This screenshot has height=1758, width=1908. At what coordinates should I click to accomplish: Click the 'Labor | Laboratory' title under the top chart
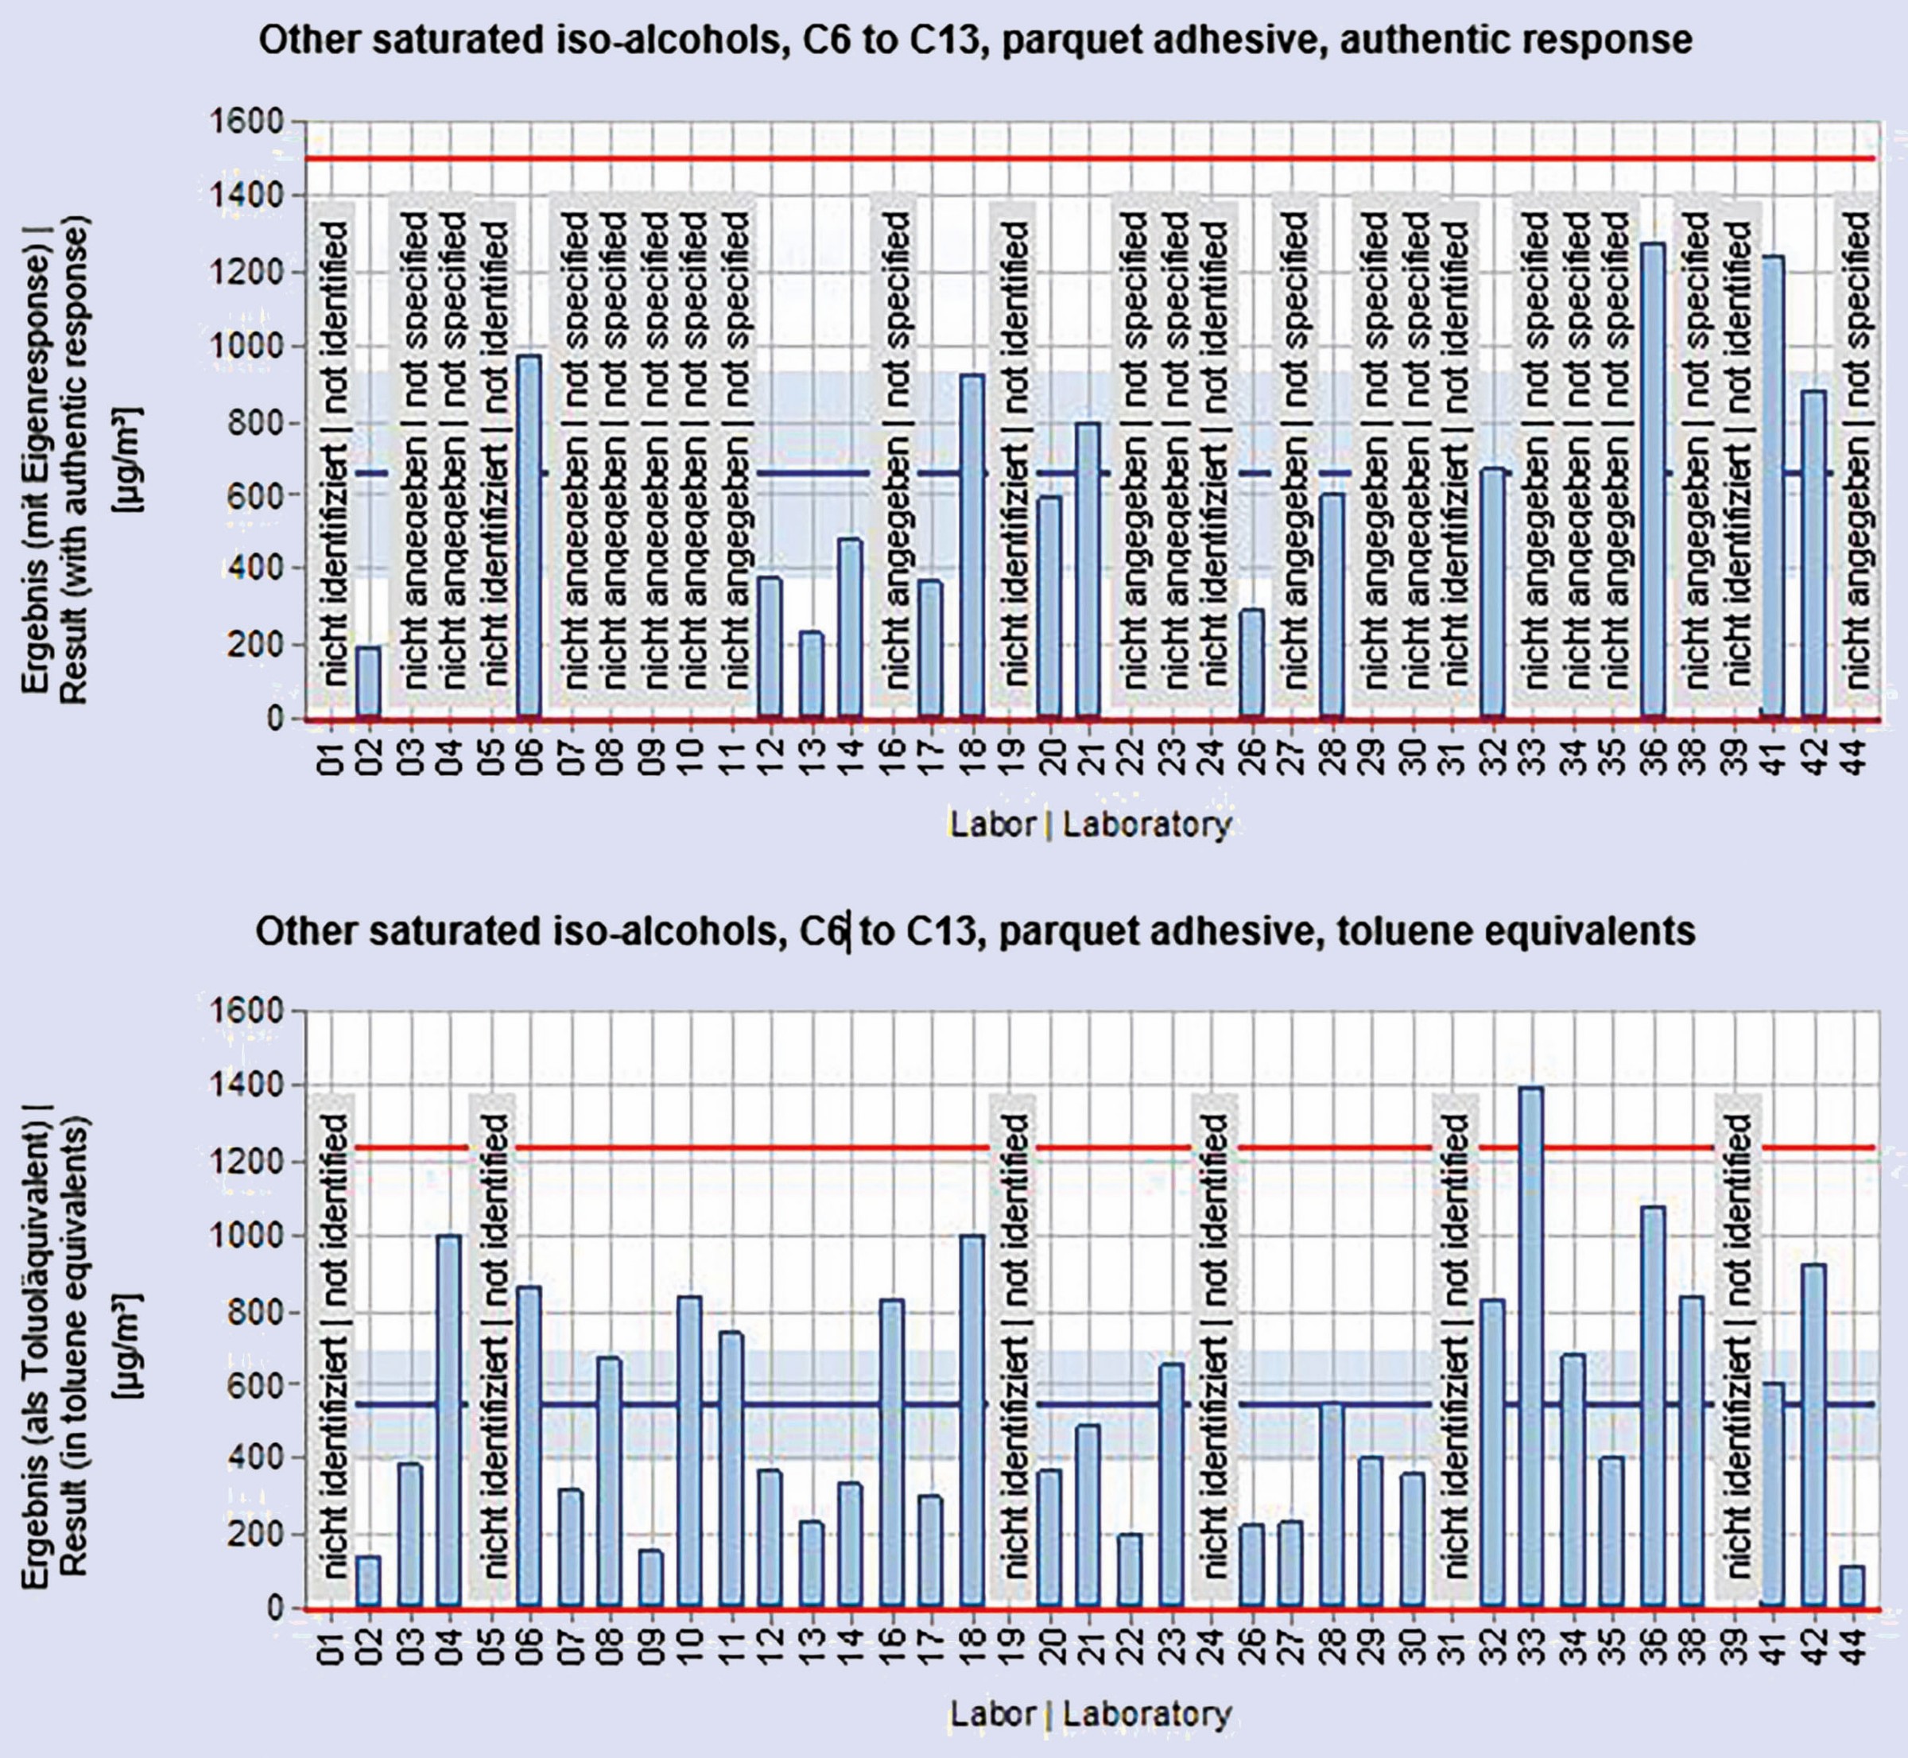coord(1090,824)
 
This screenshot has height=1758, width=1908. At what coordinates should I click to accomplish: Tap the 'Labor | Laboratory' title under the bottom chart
coord(1090,1713)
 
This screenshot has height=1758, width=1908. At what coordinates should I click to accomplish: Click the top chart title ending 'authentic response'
coord(975,40)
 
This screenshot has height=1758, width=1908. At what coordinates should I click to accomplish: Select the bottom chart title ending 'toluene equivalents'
coord(975,931)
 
